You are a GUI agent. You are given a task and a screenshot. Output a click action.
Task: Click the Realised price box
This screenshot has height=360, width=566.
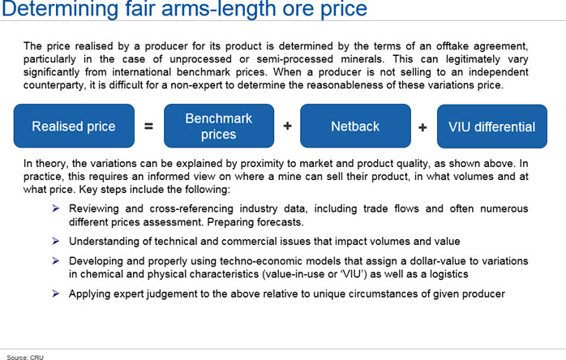(x=74, y=126)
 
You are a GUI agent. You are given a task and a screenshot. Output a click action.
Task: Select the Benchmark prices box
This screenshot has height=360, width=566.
(x=219, y=126)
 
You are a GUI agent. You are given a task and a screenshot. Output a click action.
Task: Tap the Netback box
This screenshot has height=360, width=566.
(x=355, y=126)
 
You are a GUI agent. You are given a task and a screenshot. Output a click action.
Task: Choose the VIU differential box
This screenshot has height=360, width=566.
(x=492, y=126)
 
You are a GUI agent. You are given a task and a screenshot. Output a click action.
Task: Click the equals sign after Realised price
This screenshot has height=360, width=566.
(x=148, y=126)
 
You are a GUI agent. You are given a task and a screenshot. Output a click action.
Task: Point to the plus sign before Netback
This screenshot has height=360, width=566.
(x=287, y=126)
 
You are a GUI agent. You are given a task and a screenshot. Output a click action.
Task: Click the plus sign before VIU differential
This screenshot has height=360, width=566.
(x=422, y=127)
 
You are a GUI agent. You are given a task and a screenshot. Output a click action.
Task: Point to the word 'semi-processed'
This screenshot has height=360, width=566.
(x=295, y=59)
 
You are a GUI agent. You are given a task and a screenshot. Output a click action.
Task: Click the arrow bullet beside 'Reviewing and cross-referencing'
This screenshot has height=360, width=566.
(x=56, y=208)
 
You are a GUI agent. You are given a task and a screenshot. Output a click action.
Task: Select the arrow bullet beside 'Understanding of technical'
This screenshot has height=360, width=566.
(x=56, y=241)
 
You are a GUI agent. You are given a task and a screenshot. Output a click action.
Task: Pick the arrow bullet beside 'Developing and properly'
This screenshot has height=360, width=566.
(x=56, y=261)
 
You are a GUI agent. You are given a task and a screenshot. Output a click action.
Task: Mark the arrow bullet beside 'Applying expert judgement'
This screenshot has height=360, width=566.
(x=56, y=294)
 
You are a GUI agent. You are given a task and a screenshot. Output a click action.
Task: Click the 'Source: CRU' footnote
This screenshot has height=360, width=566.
(x=25, y=357)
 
